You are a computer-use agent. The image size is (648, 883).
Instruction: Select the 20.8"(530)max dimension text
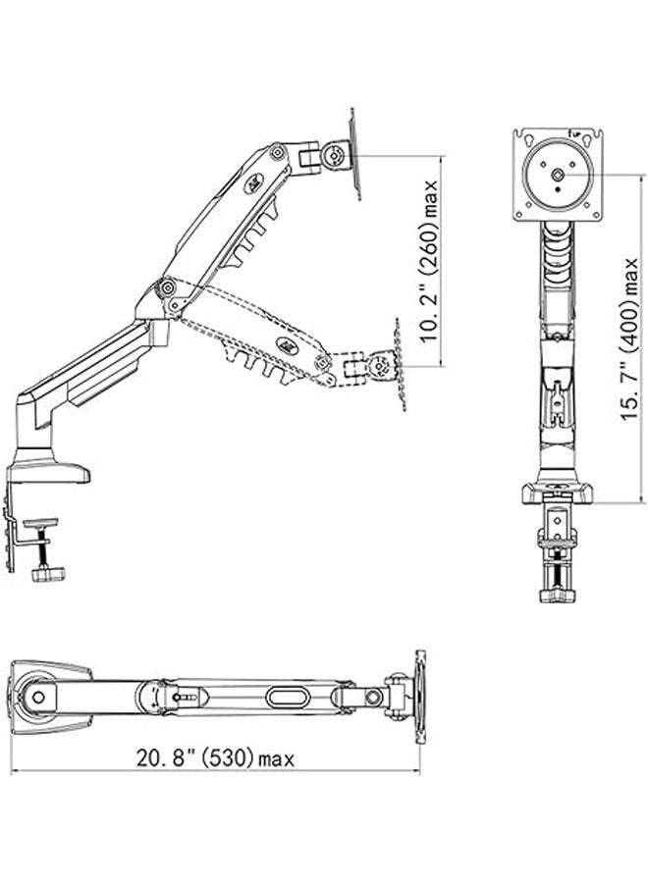tap(215, 757)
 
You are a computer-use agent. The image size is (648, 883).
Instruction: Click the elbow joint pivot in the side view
tap(167, 287)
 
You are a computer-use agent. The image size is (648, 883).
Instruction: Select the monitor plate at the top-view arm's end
tap(420, 699)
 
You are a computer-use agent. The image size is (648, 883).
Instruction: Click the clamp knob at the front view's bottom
tap(556, 594)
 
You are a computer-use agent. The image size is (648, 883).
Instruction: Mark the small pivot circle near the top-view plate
tap(373, 698)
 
